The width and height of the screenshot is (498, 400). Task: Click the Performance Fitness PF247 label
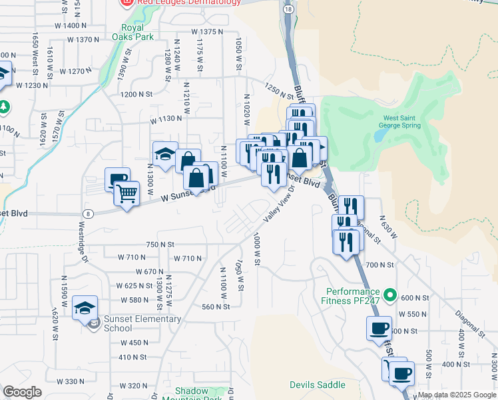(x=353, y=297)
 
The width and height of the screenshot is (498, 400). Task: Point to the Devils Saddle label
(x=318, y=385)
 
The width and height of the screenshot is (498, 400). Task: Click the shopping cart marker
(x=126, y=195)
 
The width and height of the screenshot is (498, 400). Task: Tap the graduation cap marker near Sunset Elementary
(x=85, y=308)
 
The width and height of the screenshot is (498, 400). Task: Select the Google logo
(x=22, y=392)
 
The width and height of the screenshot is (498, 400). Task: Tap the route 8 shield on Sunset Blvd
(x=88, y=213)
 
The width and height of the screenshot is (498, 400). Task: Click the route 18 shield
(x=287, y=9)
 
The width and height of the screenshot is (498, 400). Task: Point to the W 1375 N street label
(x=206, y=31)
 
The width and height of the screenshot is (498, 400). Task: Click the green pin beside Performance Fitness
(x=391, y=294)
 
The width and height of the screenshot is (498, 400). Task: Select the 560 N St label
(x=215, y=307)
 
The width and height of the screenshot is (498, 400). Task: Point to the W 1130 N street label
(x=166, y=119)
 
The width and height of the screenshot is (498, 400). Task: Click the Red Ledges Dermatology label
(x=188, y=3)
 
